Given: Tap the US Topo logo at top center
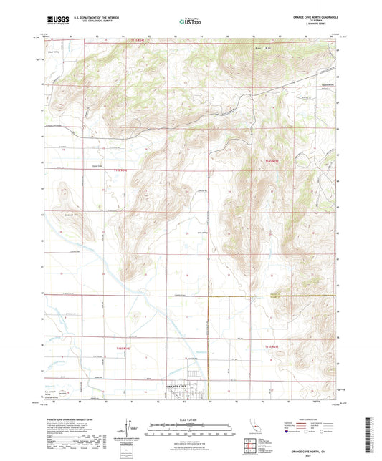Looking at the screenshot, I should click(190, 22).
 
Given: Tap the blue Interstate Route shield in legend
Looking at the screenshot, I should click(287, 433).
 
